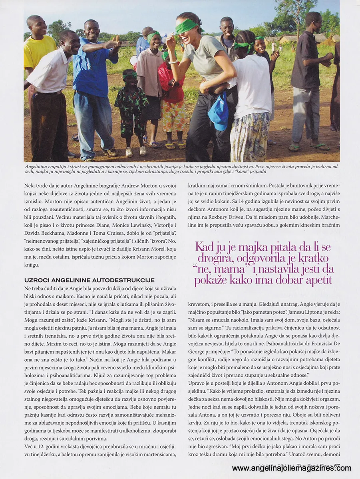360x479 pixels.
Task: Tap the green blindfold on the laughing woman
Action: [x=187, y=26]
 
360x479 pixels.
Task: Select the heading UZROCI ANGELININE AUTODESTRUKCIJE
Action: [x=89, y=280]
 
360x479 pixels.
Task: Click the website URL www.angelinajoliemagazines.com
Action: [x=291, y=468]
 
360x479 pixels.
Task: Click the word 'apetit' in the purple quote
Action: [x=315, y=280]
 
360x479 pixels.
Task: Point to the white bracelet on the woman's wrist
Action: [x=173, y=62]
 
